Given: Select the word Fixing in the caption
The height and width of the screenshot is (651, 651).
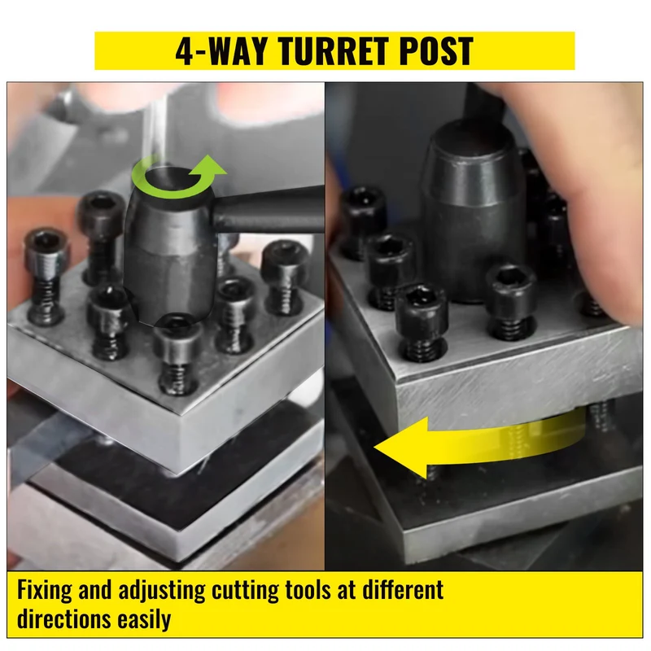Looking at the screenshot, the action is (45, 591).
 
